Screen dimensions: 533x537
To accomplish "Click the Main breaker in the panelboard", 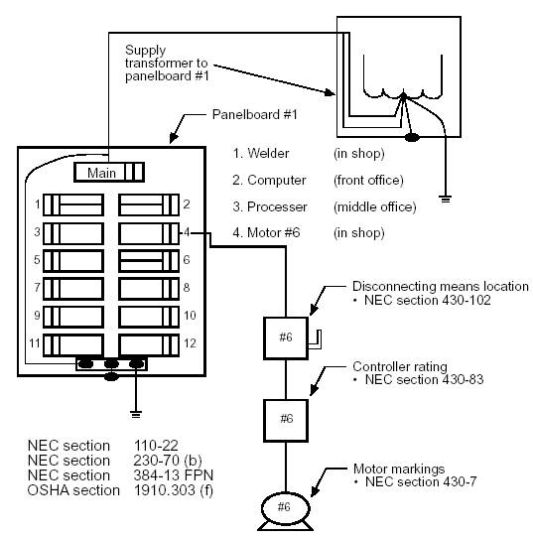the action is coord(109,172).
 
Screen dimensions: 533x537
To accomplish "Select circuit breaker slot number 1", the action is coord(73,204).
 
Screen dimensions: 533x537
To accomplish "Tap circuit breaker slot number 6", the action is coord(149,261).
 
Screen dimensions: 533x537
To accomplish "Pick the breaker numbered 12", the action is coord(149,345).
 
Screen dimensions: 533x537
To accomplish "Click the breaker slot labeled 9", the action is coord(73,317).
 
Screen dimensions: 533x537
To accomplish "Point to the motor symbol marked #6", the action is coord(285,511).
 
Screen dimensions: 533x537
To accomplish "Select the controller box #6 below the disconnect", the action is coord(286,421).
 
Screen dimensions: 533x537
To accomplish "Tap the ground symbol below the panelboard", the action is coord(136,414).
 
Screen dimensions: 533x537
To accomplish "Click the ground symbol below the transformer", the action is coord(446,199).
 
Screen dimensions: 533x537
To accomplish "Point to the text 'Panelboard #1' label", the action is coord(254,114).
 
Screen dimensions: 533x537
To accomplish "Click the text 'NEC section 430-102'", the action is coord(427,301).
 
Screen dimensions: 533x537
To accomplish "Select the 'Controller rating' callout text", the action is coord(400,366).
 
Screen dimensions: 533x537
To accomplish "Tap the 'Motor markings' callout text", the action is coord(399,469).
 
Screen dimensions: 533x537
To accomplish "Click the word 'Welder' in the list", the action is coord(268,153).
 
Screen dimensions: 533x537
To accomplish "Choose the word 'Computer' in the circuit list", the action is coord(277,180).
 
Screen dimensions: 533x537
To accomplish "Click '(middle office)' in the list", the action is coord(375,206).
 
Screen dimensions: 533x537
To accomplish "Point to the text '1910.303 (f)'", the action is coord(174,490).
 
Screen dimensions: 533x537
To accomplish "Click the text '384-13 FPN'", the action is coord(174,475).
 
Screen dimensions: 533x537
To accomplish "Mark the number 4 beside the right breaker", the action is coord(187,232).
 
